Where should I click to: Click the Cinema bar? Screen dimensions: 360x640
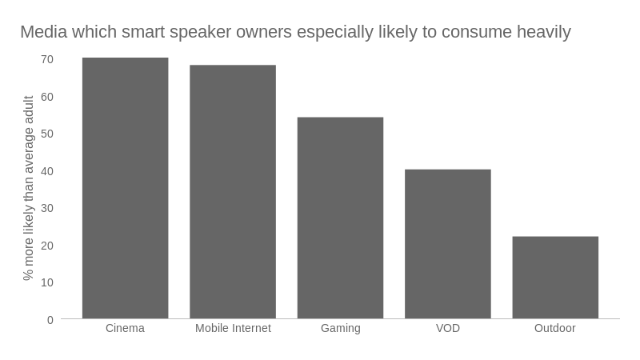(125, 188)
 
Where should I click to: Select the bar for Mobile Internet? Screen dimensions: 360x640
(233, 192)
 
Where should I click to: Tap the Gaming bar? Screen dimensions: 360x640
(340, 218)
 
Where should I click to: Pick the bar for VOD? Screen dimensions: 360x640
(448, 244)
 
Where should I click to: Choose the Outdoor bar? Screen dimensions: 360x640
(555, 278)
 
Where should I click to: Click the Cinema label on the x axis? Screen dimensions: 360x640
(125, 328)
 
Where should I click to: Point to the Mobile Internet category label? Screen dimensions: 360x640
(233, 328)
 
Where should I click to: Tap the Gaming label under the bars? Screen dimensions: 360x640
(340, 328)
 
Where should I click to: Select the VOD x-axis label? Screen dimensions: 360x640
(448, 328)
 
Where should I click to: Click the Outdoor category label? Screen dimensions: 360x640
(555, 328)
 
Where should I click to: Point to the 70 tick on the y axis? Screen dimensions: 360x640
(47, 59)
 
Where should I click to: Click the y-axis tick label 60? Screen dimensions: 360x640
(47, 97)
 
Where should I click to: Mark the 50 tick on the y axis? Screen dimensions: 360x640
(47, 134)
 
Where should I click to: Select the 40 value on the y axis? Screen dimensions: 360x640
(47, 171)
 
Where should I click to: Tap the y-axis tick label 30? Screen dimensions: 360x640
(47, 208)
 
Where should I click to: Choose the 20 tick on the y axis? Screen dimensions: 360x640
(47, 246)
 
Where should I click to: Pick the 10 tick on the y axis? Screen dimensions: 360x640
(47, 282)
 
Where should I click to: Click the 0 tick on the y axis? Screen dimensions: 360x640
(50, 320)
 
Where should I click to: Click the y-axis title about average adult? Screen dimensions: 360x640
(29, 188)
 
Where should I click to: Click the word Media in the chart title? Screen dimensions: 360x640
(42, 32)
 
